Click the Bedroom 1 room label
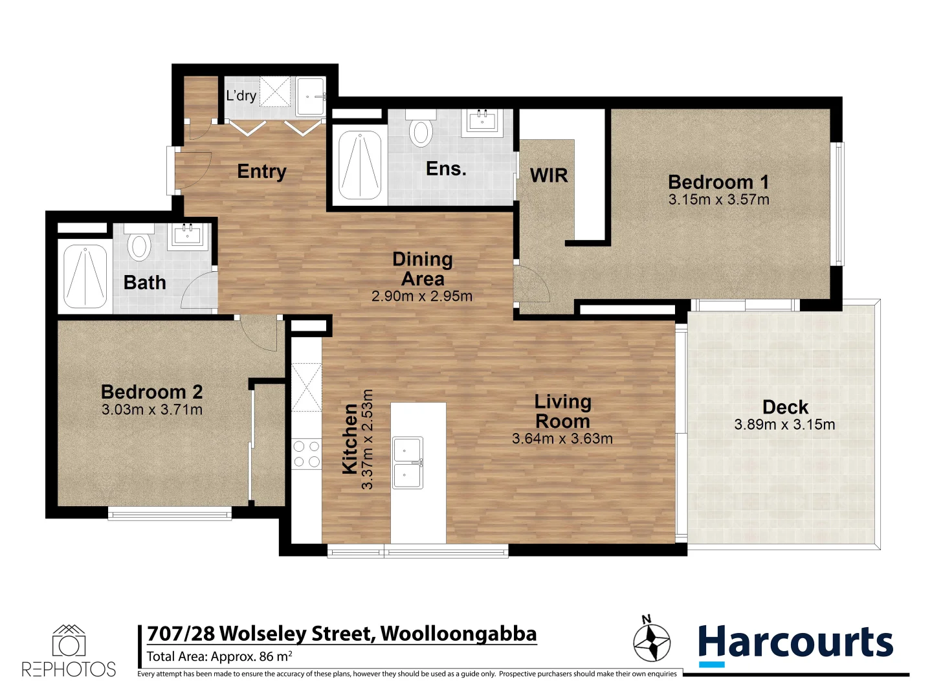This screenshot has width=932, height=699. pos(718,182)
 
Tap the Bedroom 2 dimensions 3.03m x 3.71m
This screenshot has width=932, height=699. pos(152,410)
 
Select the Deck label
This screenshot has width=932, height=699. pos(785,407)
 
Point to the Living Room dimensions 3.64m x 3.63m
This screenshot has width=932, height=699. pos(562,439)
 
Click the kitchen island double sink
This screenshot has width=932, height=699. pos(408,462)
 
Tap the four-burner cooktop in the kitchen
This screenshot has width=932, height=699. pos(306,453)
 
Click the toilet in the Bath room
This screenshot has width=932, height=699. pos(139,245)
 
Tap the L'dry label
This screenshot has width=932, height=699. pos(241,96)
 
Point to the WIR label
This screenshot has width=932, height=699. pos(548,175)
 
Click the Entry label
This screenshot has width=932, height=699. pos(261,172)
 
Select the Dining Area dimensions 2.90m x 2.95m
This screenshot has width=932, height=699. pos(422,296)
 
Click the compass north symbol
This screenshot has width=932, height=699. pos(651,641)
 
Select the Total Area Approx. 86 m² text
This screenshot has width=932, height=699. pos(219,656)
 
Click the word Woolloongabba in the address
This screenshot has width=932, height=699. pos(458,634)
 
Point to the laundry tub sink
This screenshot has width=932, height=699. pos(311,96)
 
